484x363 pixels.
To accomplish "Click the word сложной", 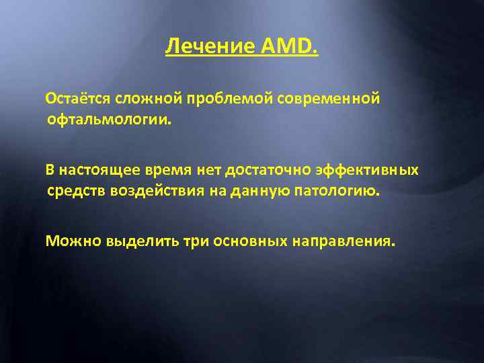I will (146, 99).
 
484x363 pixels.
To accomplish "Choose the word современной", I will (329, 99).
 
